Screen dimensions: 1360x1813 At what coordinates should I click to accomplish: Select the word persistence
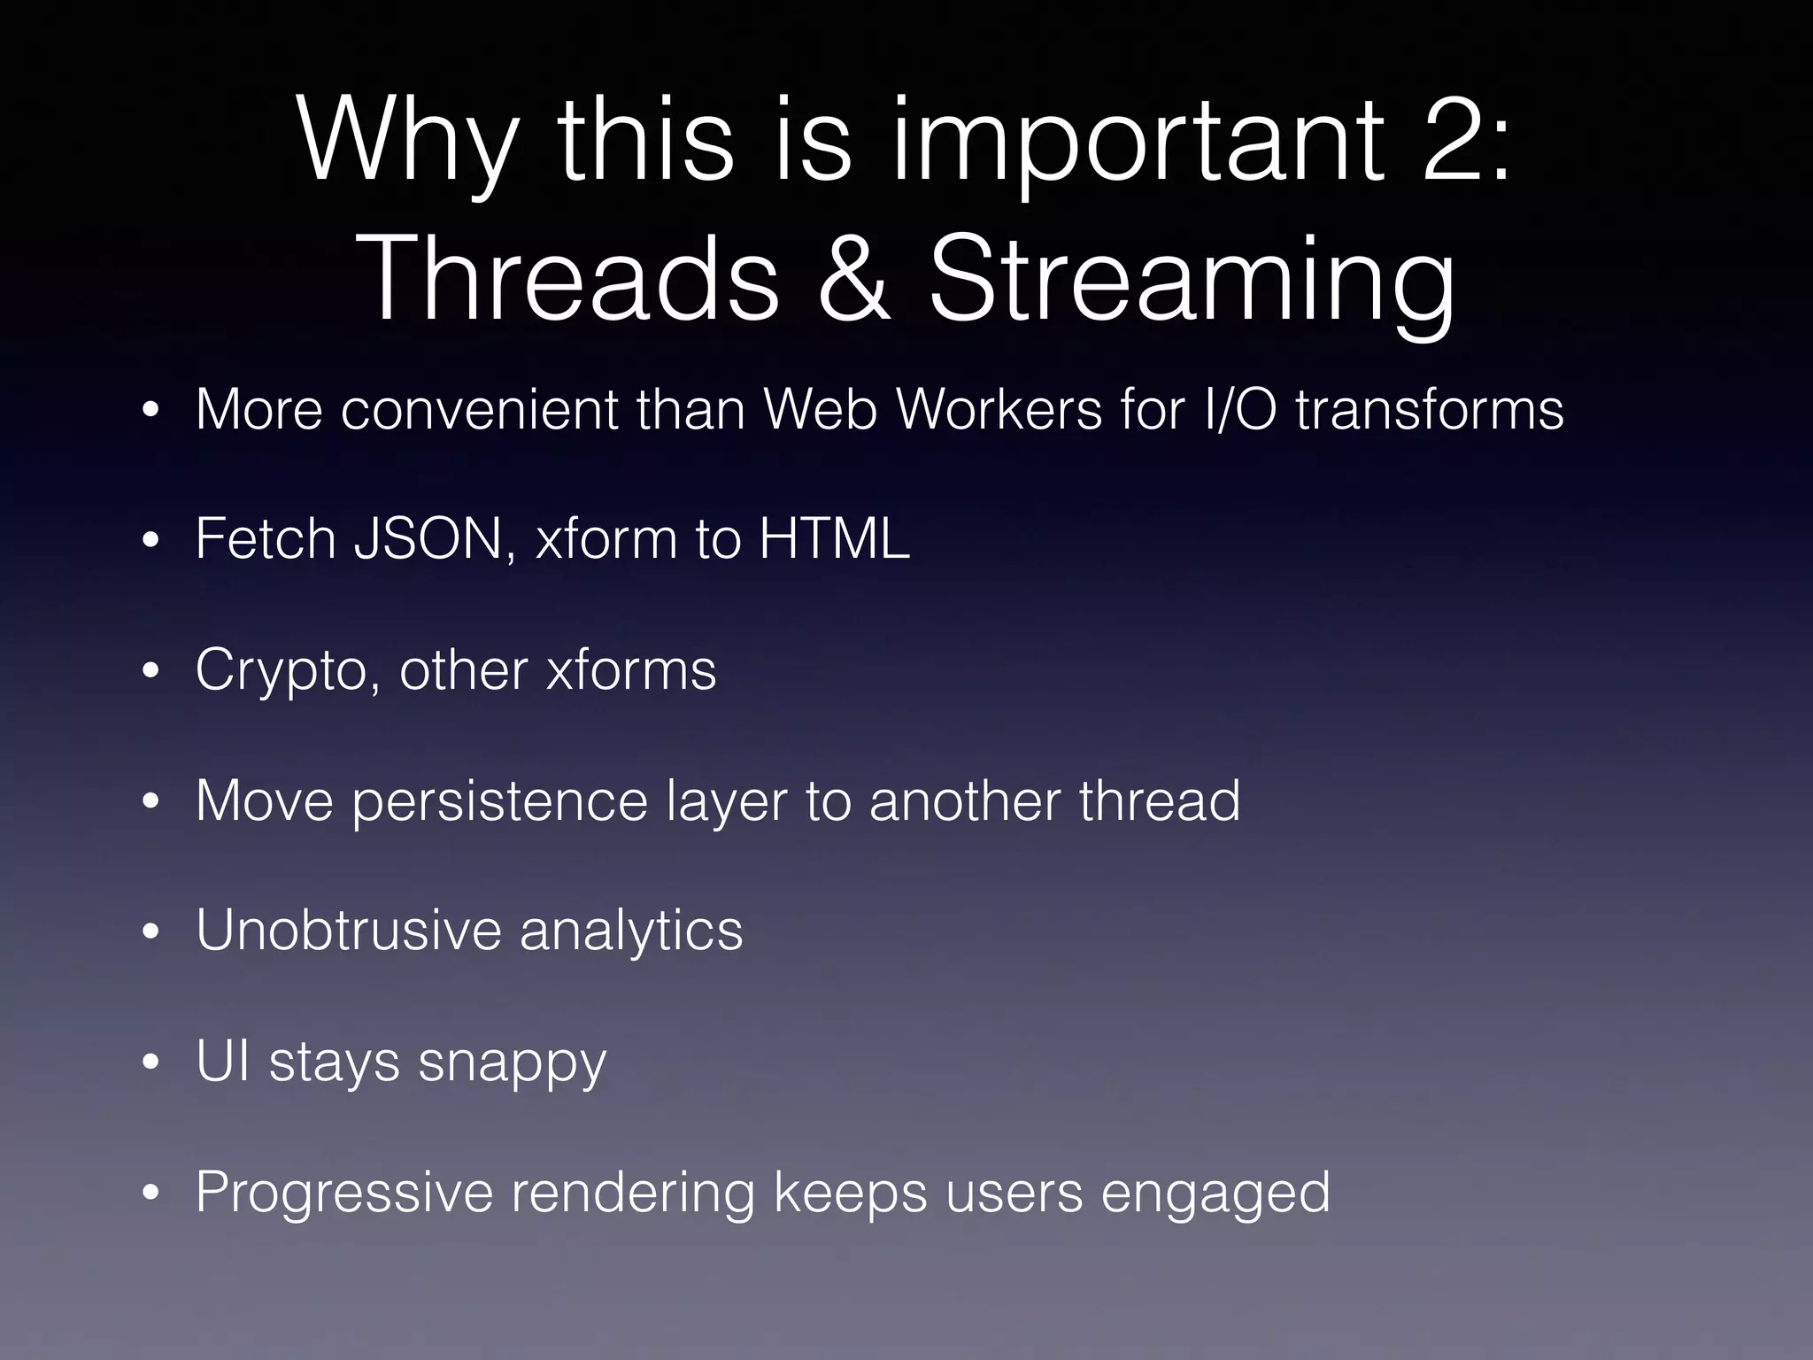[x=499, y=800]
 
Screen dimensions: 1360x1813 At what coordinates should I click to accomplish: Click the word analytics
[x=630, y=931]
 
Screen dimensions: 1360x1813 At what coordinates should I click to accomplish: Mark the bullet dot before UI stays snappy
[x=150, y=1062]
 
